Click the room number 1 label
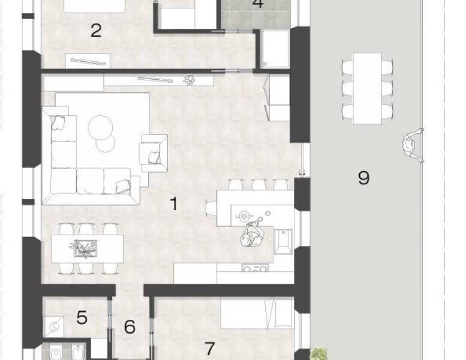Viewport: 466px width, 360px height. coord(174,203)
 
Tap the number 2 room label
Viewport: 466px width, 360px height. coord(96,31)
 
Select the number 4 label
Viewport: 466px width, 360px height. coord(258,3)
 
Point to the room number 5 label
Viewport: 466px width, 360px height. coord(82,317)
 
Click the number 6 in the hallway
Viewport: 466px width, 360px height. coord(130,326)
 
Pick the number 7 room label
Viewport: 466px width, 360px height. coord(210,349)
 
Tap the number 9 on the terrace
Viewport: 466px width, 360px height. coord(364,178)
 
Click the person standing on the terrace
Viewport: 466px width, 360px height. coord(413,145)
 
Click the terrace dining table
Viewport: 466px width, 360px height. coord(367,89)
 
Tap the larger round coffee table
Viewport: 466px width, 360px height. coord(100,127)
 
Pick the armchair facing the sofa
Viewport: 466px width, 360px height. coord(154,153)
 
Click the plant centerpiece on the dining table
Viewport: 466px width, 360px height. coord(83,248)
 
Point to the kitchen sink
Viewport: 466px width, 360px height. coord(283,242)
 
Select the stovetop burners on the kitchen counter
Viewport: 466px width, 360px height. coord(254,269)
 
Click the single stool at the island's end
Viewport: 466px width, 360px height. coord(211,208)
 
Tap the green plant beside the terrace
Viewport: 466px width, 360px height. coord(319,354)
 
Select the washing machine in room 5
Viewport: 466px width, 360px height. coord(54,327)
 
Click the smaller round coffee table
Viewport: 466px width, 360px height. coord(106,143)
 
